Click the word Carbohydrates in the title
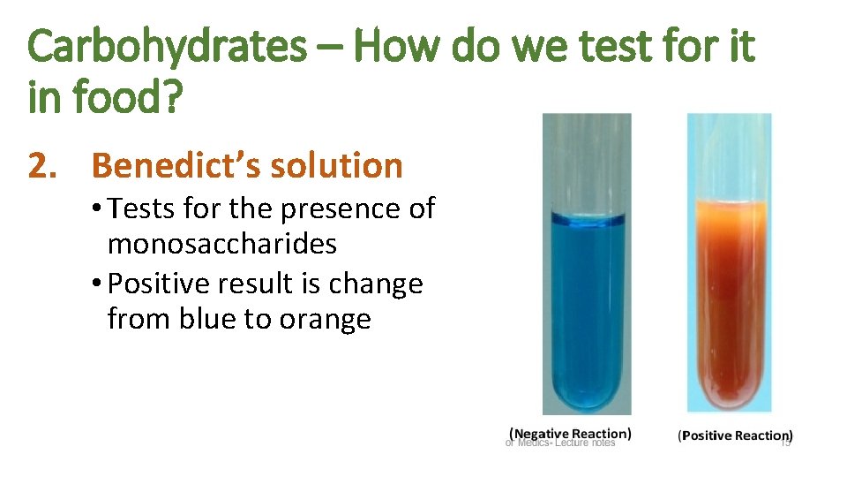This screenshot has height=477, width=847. click(165, 47)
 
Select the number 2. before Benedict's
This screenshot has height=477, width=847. click(45, 165)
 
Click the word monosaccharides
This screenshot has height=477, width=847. click(221, 244)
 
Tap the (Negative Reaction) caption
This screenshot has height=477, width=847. click(570, 434)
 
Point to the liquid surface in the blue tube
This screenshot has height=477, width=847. click(587, 216)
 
